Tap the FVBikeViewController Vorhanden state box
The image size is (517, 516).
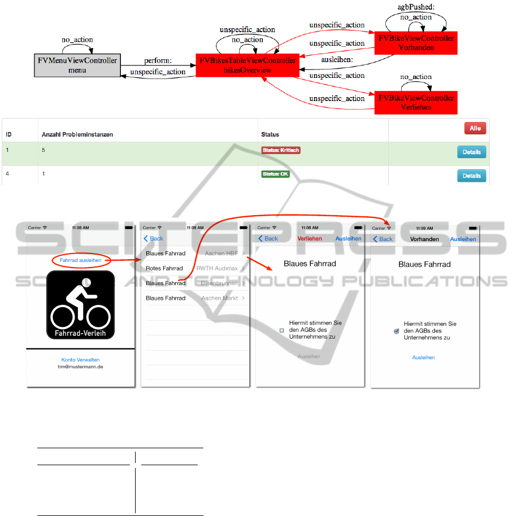[x=416, y=43]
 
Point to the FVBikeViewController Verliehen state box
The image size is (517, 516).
[x=416, y=102]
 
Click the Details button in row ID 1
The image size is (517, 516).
[x=471, y=152]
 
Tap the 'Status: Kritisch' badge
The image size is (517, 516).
[x=280, y=150]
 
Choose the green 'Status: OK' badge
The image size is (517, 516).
[x=275, y=174]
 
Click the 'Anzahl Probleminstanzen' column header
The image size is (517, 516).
[x=77, y=134]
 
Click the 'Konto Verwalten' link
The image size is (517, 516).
[x=80, y=360]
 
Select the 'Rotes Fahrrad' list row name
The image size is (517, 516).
[x=164, y=268]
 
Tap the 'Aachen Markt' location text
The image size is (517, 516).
[x=220, y=298]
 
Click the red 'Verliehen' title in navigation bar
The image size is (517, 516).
[x=310, y=239]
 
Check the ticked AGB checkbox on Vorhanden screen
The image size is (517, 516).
[x=397, y=331]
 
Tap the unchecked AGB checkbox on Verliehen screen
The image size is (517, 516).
[x=282, y=330]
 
